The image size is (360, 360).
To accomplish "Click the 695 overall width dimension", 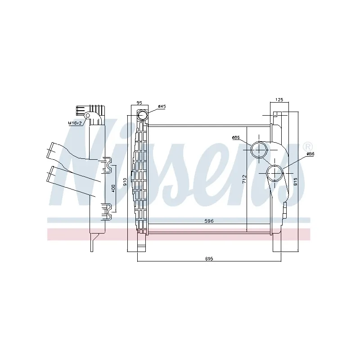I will (208, 259).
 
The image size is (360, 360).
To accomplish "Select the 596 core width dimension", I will (208, 221).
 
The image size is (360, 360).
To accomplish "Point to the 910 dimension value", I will (125, 183).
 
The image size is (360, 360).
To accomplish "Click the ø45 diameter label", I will (162, 106).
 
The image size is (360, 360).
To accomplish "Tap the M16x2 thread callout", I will (74, 122).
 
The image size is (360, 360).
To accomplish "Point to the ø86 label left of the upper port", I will (235, 137).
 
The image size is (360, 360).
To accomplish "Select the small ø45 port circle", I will (143, 115).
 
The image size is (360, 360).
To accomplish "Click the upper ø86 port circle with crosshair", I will (259, 149).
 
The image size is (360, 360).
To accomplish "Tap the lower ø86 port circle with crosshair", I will (274, 172).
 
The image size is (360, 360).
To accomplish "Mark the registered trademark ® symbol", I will (307, 147).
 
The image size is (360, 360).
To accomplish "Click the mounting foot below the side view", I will (93, 243).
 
